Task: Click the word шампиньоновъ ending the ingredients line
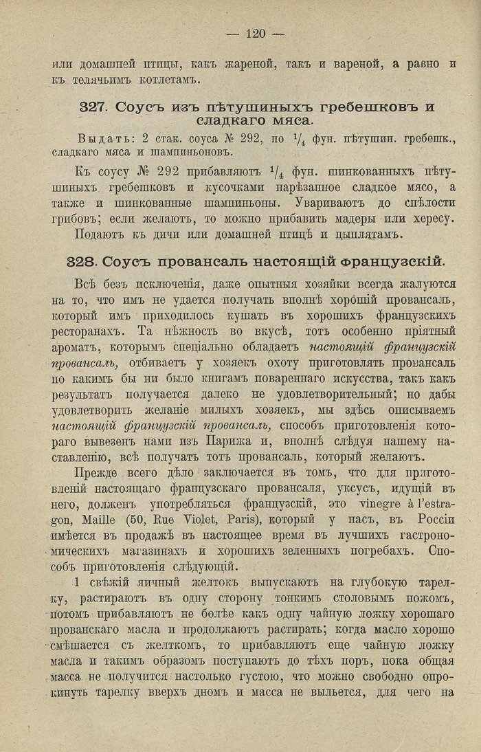193,152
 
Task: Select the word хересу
428,219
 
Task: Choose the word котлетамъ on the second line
164,80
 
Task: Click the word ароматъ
76,346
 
